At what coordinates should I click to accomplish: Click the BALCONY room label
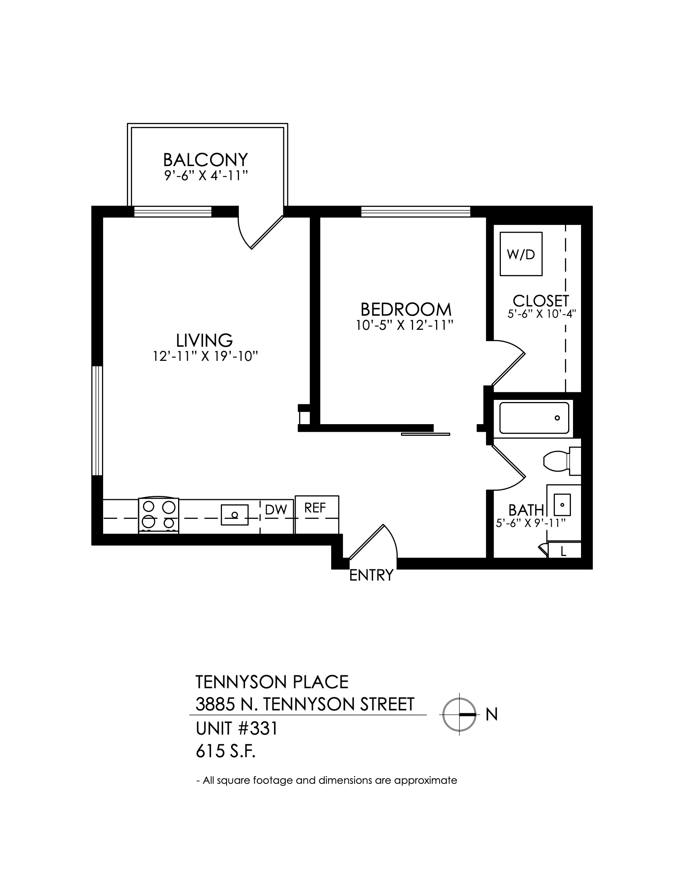[205, 160]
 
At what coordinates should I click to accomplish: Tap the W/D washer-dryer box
[521, 254]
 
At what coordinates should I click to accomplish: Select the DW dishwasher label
[276, 510]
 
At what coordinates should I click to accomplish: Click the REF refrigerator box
[317, 514]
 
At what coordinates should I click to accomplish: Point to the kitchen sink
[235, 515]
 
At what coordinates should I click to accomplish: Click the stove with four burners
[159, 514]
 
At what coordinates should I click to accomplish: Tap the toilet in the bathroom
[562, 461]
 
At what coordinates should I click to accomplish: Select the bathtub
[534, 418]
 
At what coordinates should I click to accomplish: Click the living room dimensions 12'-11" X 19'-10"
[206, 356]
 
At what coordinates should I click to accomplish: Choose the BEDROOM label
[406, 310]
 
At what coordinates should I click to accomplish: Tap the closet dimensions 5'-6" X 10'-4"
[542, 314]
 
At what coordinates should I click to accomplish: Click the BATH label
[526, 510]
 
